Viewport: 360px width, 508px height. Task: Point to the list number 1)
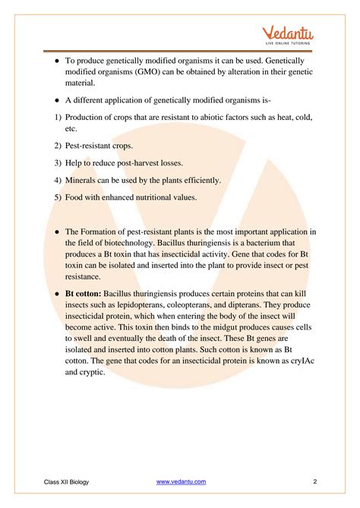pos(49,117)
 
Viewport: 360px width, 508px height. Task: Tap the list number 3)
pos(49,162)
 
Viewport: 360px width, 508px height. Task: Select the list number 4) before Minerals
pos(49,180)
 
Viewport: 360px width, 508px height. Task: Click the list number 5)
pos(49,197)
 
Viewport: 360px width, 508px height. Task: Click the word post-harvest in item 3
pos(146,162)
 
